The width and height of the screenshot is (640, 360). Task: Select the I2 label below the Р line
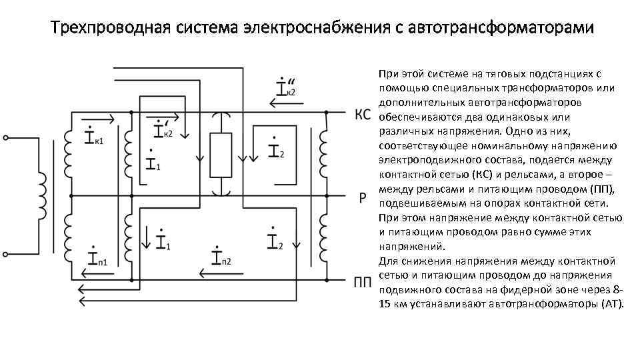point(275,241)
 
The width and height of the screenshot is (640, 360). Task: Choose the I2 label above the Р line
point(276,149)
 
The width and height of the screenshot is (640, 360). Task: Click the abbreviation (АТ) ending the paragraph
point(611,304)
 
